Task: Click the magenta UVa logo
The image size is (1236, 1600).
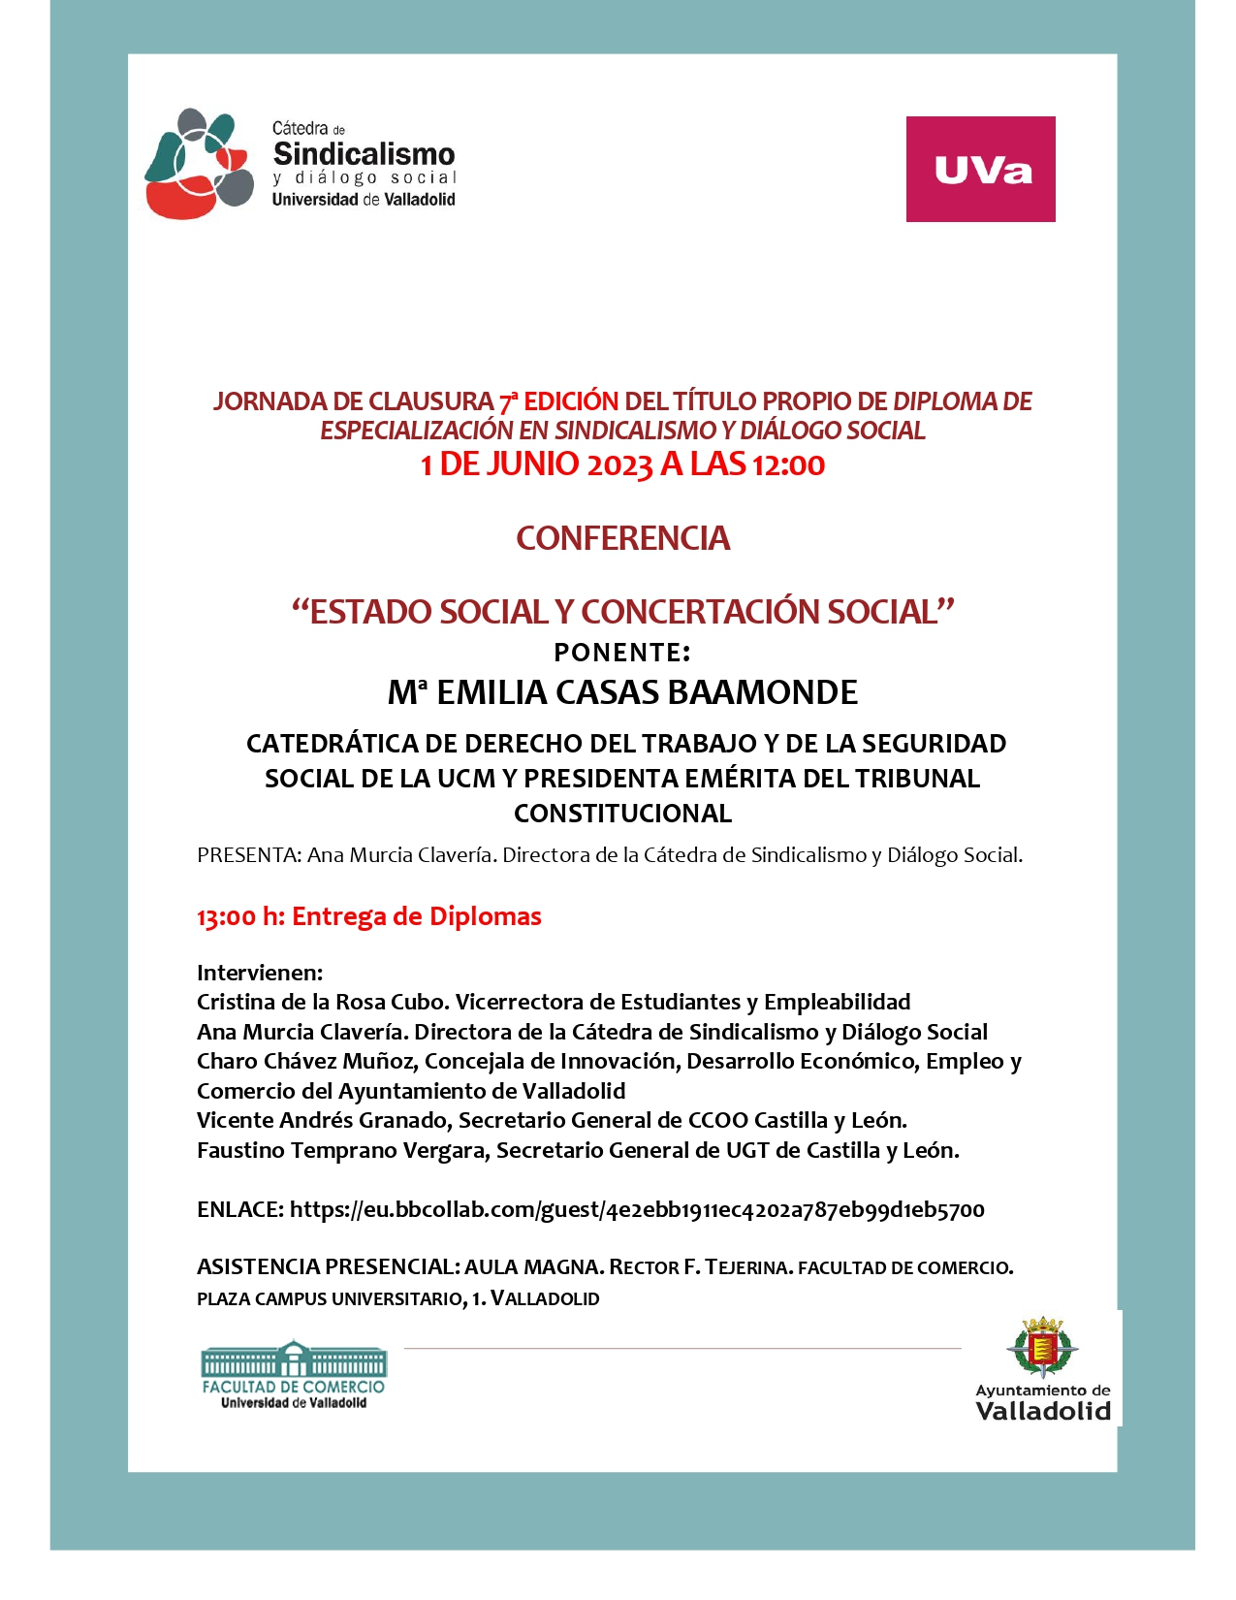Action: [980, 169]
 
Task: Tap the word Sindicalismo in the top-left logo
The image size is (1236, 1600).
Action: [364, 154]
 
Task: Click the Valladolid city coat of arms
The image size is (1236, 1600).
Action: [1042, 1347]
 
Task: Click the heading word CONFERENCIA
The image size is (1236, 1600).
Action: [622, 538]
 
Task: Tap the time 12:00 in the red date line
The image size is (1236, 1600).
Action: [788, 465]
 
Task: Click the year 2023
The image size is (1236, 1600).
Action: [619, 465]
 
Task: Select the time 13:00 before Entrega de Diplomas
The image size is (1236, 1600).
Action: [227, 917]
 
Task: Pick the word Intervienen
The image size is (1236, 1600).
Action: [259, 973]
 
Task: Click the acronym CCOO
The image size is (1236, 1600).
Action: [718, 1121]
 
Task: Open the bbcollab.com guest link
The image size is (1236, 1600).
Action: [637, 1210]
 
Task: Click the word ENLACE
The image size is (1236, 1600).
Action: [239, 1210]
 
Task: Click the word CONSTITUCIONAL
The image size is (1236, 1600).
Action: [622, 814]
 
